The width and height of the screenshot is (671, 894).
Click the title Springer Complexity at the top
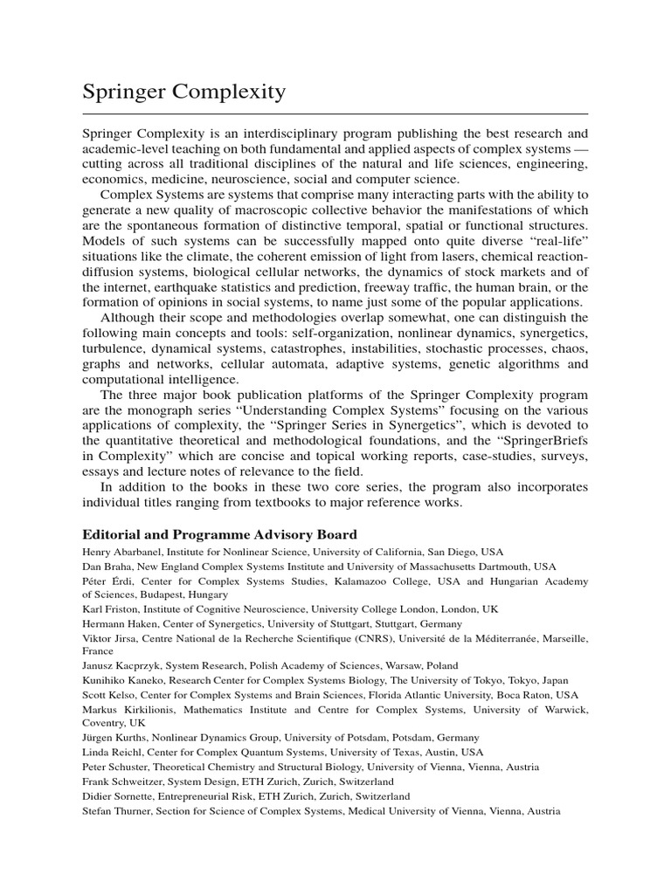[x=183, y=91]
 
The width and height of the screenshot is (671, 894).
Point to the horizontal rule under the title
[x=335, y=113]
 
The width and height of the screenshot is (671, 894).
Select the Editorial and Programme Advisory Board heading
[x=219, y=534]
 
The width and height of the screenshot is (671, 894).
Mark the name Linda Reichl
[x=112, y=752]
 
